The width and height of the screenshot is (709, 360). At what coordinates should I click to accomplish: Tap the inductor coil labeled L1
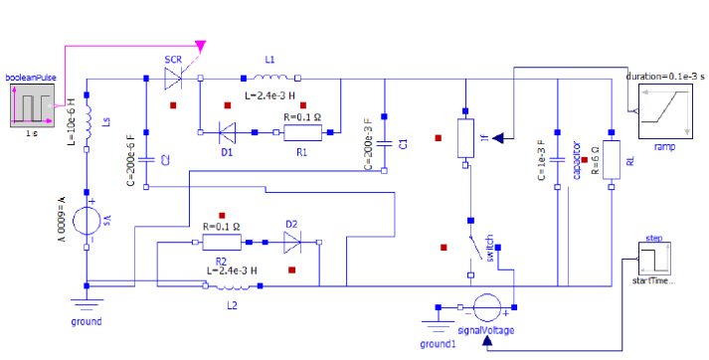[x=270, y=77]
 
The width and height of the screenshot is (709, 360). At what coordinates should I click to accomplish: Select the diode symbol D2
[x=293, y=242]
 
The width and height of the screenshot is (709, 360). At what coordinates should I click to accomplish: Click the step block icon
[x=654, y=262]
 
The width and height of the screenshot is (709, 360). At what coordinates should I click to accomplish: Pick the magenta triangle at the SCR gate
[x=202, y=47]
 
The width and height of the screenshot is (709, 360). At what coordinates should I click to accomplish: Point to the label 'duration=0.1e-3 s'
[x=665, y=76]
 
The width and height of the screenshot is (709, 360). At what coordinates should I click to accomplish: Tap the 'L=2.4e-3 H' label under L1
[x=269, y=95]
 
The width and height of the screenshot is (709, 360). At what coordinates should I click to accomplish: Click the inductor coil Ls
[x=88, y=120]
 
